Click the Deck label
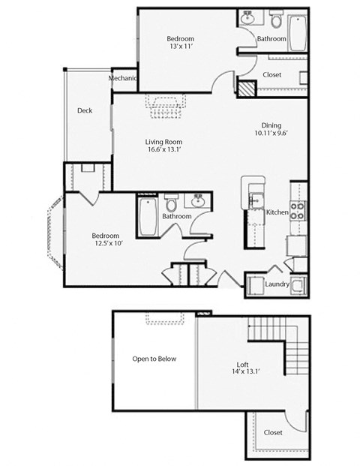[85, 111]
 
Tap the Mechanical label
[123, 79]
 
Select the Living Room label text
[163, 143]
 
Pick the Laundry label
[277, 284]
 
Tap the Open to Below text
[154, 359]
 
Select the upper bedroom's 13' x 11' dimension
[181, 47]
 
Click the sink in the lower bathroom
[199, 200]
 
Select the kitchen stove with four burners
[298, 210]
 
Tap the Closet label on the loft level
[273, 434]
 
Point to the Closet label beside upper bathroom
[272, 74]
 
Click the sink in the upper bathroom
[249, 17]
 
